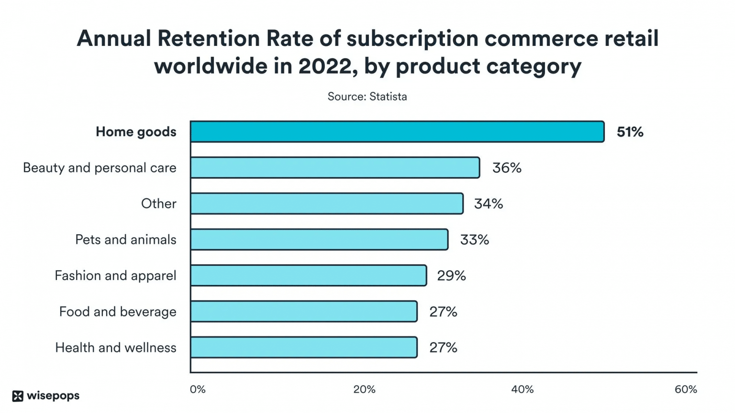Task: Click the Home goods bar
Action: click(x=397, y=131)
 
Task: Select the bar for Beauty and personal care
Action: click(x=335, y=168)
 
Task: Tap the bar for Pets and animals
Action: click(x=319, y=239)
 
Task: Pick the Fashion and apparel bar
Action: click(x=308, y=275)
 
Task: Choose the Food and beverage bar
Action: click(x=303, y=312)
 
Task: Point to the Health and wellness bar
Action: click(x=303, y=348)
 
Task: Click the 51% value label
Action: click(x=630, y=132)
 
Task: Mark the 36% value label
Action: click(x=507, y=168)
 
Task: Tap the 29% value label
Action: click(x=451, y=276)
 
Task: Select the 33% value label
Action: click(x=474, y=240)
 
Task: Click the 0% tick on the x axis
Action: click(x=198, y=390)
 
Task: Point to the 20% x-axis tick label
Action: click(x=364, y=390)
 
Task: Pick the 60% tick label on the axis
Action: click(x=685, y=390)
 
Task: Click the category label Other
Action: click(x=158, y=204)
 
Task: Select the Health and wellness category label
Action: click(x=116, y=348)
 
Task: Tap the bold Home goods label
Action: click(x=136, y=132)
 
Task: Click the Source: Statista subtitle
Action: click(x=367, y=97)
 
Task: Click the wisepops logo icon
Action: click(x=18, y=396)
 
